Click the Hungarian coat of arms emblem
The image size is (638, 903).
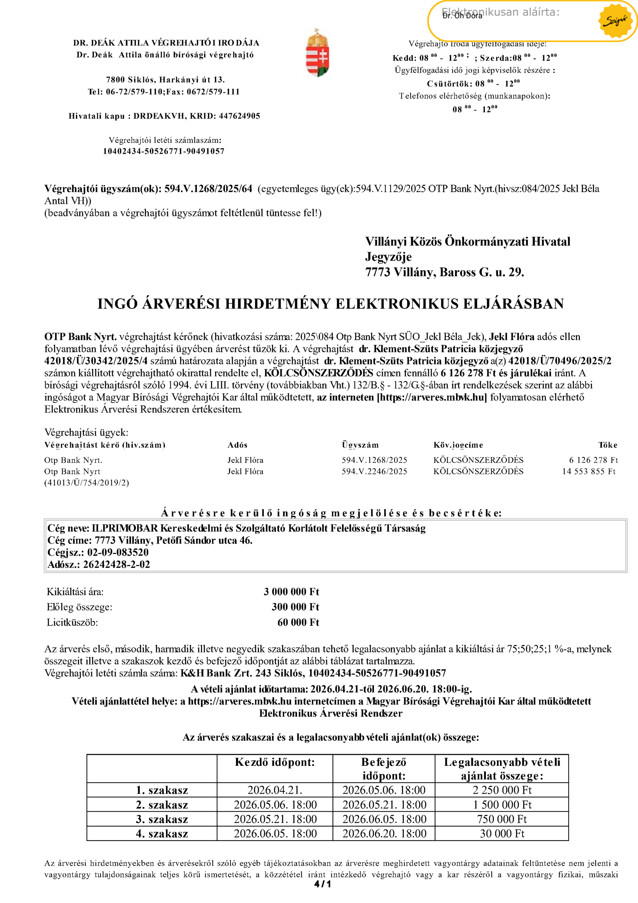317,53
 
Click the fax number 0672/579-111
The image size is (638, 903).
213,92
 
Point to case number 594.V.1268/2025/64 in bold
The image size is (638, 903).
208,189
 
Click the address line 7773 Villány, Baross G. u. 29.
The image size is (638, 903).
444,272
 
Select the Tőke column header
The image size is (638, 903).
607,445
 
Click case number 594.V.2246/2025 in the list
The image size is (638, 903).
374,471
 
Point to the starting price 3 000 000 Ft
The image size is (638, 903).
291,592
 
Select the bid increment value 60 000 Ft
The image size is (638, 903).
298,622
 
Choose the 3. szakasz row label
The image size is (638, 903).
162,819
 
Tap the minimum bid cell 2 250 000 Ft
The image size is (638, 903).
502,790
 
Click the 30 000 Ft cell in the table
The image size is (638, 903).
502,834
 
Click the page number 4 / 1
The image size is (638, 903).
323,885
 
